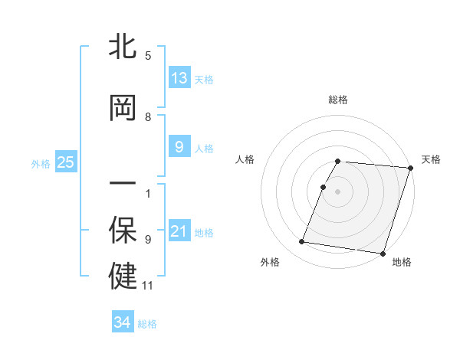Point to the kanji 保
pyautogui.click(x=123, y=231)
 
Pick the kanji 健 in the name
pyautogui.click(x=123, y=277)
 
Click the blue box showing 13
pyautogui.click(x=179, y=78)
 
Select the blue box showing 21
pyautogui.click(x=179, y=231)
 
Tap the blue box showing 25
pyautogui.click(x=65, y=162)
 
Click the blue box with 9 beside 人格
pyautogui.click(x=179, y=147)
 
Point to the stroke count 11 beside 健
pyautogui.click(x=148, y=286)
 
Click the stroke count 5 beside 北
pyautogui.click(x=148, y=55)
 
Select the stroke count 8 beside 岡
pyautogui.click(x=148, y=117)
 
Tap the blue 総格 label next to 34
pyautogui.click(x=147, y=324)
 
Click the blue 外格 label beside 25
pyautogui.click(x=41, y=163)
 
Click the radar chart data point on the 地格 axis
pyautogui.click(x=383, y=253)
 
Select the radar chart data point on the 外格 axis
pyautogui.click(x=302, y=242)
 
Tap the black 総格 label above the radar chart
pyautogui.click(x=338, y=100)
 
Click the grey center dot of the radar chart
pyautogui.click(x=338, y=191)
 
